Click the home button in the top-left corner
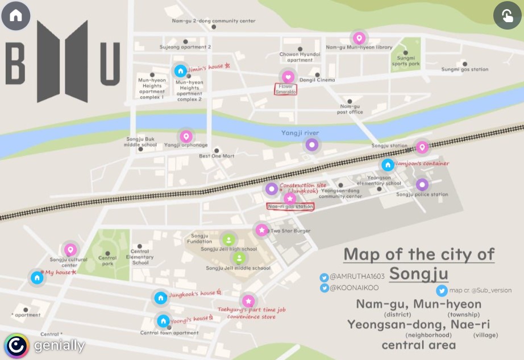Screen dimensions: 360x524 point(15,15)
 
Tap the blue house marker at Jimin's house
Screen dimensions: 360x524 point(180,71)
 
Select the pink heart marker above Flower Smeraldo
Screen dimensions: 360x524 point(288,77)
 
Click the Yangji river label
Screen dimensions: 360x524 point(300,133)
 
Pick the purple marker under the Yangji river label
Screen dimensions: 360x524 point(311,144)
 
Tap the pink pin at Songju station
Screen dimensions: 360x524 point(422,147)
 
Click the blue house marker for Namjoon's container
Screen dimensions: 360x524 point(388,165)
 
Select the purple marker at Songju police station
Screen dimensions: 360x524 point(422,184)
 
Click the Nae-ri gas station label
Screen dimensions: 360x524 point(290,206)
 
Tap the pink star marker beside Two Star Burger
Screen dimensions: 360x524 point(261,230)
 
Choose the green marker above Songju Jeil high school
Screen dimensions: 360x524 point(228,239)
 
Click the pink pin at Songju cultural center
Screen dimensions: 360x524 point(70,249)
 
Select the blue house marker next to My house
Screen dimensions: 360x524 point(36,278)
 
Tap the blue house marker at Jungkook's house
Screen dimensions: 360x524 point(160,297)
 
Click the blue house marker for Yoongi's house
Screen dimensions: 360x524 point(163,321)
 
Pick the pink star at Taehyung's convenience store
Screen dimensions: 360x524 point(248,301)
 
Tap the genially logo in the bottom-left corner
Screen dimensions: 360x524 point(17,345)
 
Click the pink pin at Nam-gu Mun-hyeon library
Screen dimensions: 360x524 point(359,38)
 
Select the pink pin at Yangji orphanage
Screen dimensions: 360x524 point(185,136)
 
